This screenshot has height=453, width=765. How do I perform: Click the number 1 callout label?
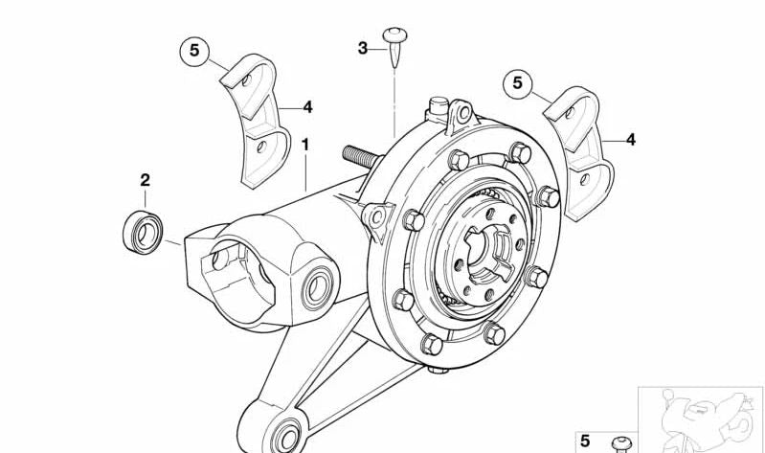tap(305, 145)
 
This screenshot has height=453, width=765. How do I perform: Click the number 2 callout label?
tap(145, 180)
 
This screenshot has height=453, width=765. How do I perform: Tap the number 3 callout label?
tap(363, 48)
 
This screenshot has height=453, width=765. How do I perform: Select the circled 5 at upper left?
tap(194, 50)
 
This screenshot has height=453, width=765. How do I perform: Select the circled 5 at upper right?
tap(518, 84)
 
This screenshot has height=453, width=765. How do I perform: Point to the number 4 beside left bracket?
tap(307, 107)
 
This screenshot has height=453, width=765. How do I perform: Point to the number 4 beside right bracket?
tap(630, 140)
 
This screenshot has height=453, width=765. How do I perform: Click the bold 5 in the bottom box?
tap(585, 442)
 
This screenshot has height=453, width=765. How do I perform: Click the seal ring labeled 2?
tap(143, 233)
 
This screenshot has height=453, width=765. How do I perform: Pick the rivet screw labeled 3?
tap(394, 46)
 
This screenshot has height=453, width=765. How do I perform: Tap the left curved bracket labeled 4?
tap(257, 120)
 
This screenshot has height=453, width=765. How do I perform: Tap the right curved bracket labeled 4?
tap(579, 152)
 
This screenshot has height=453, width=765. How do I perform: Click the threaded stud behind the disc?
tap(362, 157)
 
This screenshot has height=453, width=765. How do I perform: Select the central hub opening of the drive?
tap(488, 253)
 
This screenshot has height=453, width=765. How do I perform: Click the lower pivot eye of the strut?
tap(286, 437)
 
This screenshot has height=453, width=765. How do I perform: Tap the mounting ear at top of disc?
tap(461, 115)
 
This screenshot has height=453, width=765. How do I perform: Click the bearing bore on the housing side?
tap(318, 287)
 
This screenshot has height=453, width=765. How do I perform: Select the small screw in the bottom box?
tap(622, 444)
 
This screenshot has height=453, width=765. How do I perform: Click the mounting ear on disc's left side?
tap(377, 218)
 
